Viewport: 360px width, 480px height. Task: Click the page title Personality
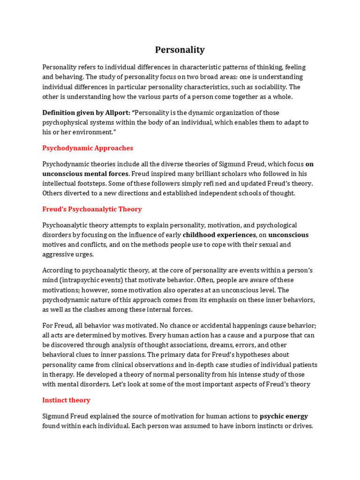point(180,50)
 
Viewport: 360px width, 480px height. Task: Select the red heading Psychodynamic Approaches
point(88,148)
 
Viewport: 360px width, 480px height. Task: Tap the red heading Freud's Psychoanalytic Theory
point(92,209)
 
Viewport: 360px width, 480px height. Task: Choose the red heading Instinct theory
point(66,400)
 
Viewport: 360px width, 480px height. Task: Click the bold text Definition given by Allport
point(86,112)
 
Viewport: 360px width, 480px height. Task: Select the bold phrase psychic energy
point(284,416)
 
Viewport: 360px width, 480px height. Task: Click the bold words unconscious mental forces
point(85,173)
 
